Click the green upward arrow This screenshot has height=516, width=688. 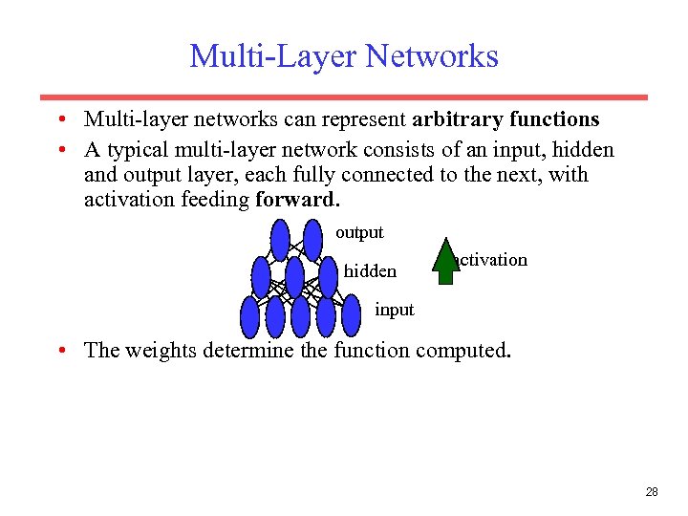pos(446,262)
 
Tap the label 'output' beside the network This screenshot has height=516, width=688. pos(359,232)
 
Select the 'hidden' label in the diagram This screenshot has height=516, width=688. pos(370,271)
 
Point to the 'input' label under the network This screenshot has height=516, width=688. pos(395,310)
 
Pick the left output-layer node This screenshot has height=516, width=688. pos(280,241)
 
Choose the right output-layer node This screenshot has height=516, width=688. pos(312,241)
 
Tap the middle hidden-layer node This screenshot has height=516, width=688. pos(294,278)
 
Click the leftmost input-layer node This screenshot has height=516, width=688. pos(250,316)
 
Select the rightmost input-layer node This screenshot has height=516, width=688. pos(351,316)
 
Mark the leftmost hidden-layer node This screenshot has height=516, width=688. pos(262,278)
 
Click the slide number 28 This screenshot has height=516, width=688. pos(652,492)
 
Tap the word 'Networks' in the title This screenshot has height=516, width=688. pos(433,56)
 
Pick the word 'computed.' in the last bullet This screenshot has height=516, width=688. pos(463,350)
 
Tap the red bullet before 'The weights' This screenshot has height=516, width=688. pos(60,351)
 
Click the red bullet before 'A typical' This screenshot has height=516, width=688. pos(60,151)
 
